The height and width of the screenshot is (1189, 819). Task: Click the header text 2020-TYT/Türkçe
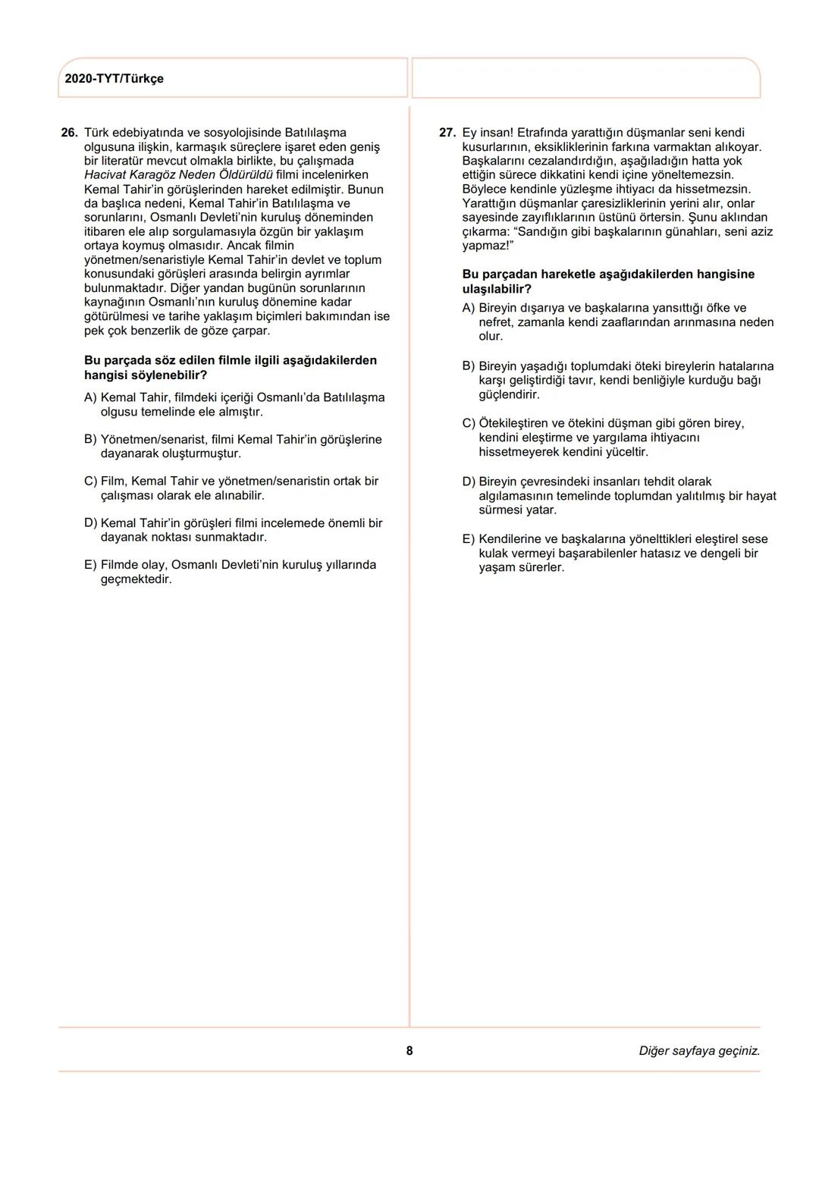114,79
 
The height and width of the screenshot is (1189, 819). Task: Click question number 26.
69,133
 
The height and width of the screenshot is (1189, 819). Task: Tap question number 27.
447,133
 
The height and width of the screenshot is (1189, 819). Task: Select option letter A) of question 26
91,397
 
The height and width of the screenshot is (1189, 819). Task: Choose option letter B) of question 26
91,440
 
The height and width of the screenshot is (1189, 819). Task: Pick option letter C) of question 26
91,482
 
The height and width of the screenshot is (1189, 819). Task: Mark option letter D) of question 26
91,523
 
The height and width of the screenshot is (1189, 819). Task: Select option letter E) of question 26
91,565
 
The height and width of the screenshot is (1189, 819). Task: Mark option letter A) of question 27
469,308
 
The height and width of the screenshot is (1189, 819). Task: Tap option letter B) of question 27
469,366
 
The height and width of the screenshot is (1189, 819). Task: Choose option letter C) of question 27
469,423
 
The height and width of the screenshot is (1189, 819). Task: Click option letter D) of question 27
469,482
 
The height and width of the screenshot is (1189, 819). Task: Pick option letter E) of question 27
469,539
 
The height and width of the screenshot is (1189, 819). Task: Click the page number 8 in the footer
409,1051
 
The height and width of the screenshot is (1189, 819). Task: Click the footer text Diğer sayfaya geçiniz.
699,1051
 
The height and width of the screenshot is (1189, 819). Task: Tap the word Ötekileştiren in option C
513,423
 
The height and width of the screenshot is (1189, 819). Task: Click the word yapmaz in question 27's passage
483,246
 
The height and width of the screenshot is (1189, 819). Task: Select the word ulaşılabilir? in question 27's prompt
497,289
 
